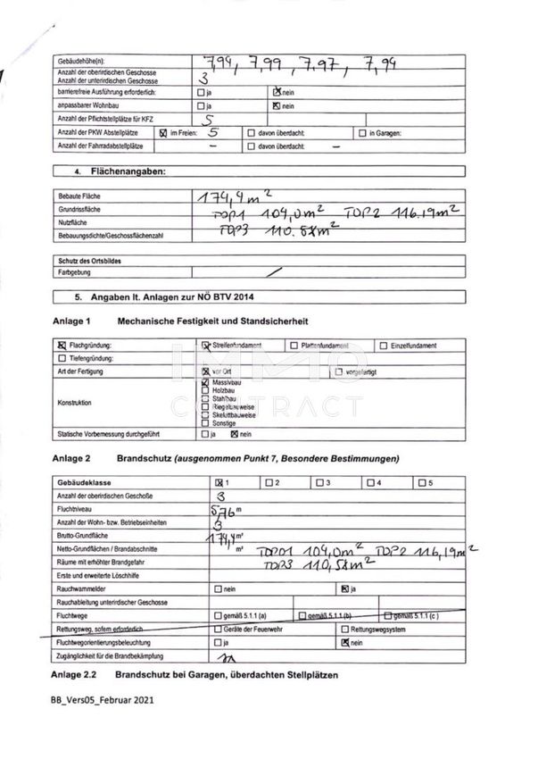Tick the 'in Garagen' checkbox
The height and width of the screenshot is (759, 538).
tap(362, 133)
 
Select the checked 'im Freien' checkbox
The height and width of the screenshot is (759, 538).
tap(162, 133)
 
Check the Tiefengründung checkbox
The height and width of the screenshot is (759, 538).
tap(62, 358)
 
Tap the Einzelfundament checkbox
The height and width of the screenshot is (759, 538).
tap(383, 346)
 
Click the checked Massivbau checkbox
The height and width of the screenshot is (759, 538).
tap(206, 381)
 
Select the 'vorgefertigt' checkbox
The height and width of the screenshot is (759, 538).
tap(339, 371)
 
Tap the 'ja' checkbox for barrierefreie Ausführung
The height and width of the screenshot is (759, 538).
tap(200, 93)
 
